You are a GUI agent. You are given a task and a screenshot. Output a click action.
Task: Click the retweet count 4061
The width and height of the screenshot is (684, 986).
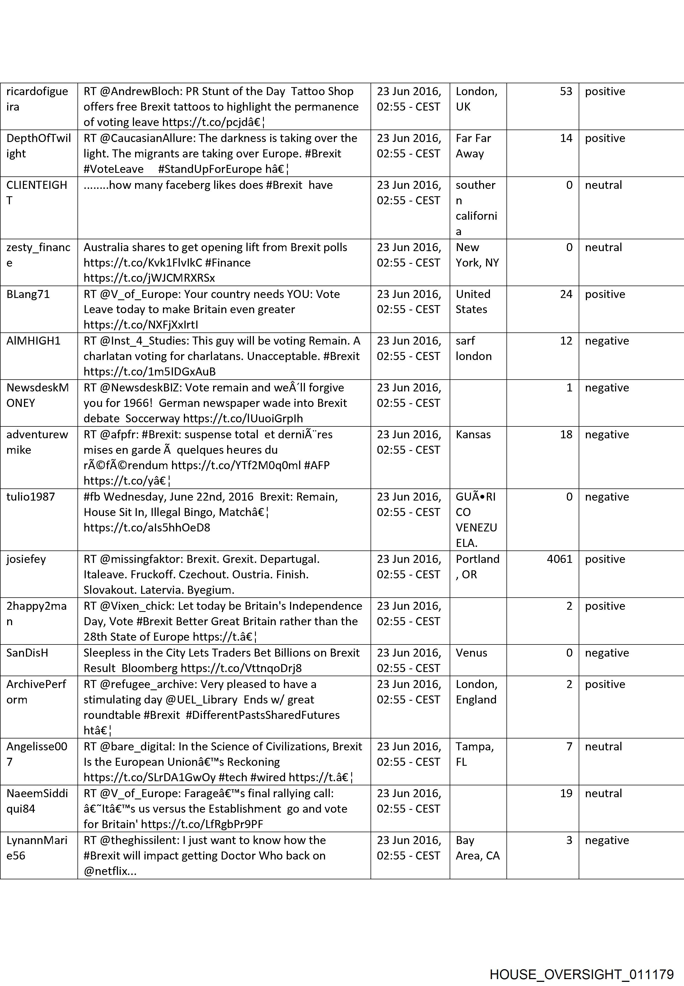pos(559,559)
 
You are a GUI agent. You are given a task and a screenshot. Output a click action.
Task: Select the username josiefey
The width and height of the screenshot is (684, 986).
pos(26,559)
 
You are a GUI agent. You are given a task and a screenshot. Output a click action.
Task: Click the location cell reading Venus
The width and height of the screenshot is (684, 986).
pos(471,653)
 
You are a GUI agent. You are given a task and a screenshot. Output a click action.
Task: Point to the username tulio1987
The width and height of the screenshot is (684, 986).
pos(31,497)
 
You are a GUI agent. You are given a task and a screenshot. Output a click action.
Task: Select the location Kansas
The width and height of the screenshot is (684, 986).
pos(473,434)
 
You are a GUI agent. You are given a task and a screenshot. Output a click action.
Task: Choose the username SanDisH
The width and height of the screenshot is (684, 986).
pos(27,653)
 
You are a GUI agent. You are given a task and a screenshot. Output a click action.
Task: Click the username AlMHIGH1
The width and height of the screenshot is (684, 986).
pos(33,341)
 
